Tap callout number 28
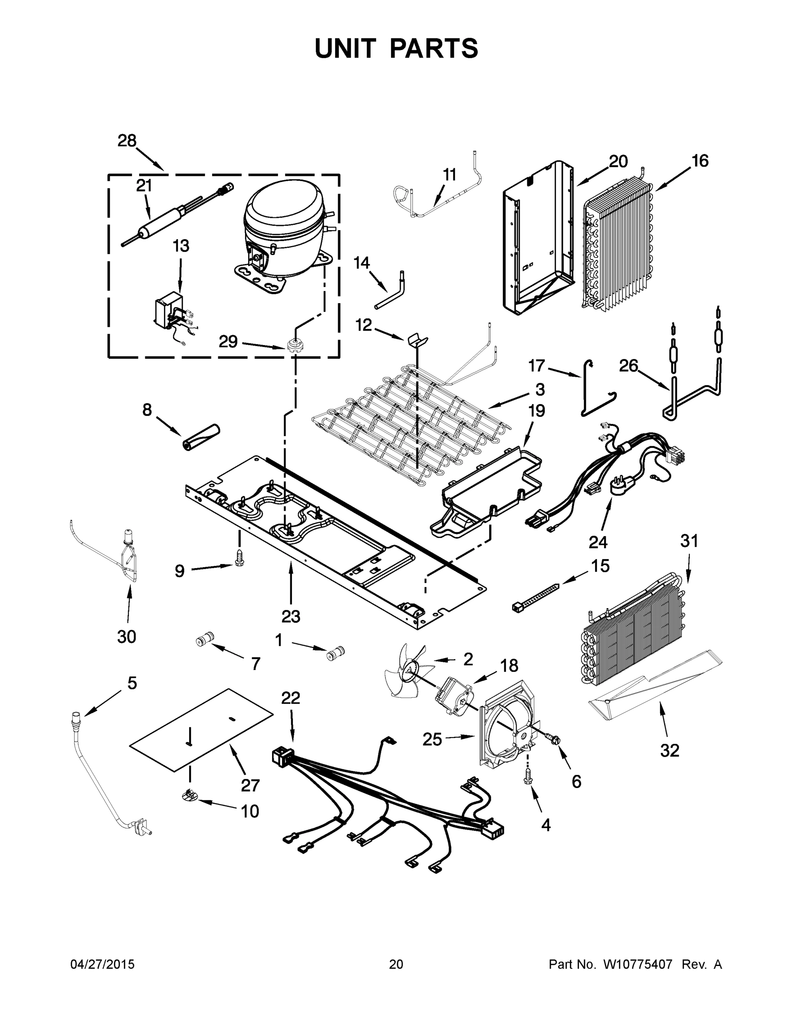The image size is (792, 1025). point(127,141)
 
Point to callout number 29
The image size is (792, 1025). point(228,342)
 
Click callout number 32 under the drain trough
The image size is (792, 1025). point(669,750)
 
